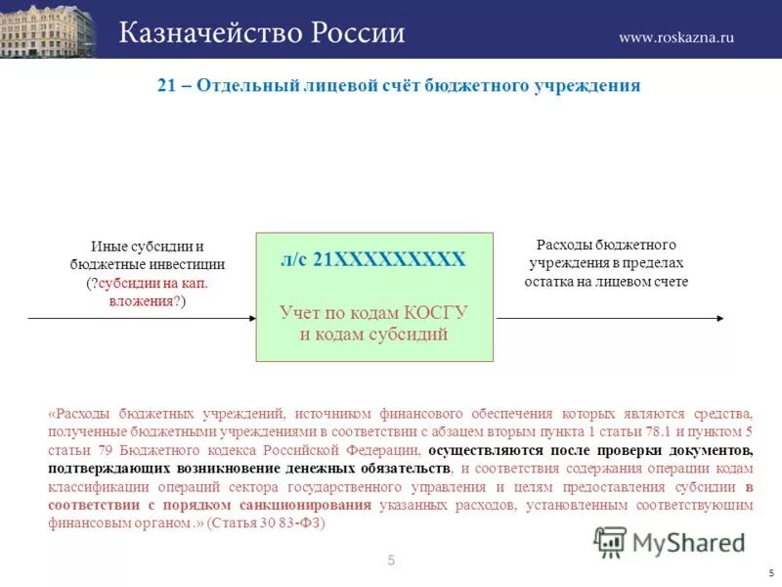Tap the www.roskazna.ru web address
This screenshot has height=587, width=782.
pyautogui.click(x=676, y=37)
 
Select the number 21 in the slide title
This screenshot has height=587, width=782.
pyautogui.click(x=166, y=85)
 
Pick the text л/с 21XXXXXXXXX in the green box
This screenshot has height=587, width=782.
pyautogui.click(x=372, y=260)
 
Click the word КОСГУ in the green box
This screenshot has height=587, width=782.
pyautogui.click(x=438, y=313)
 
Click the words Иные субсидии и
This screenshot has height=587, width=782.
pyautogui.click(x=147, y=247)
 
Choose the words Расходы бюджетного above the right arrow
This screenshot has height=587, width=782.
pyautogui.click(x=607, y=245)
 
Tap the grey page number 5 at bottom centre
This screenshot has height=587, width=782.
pyautogui.click(x=391, y=561)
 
